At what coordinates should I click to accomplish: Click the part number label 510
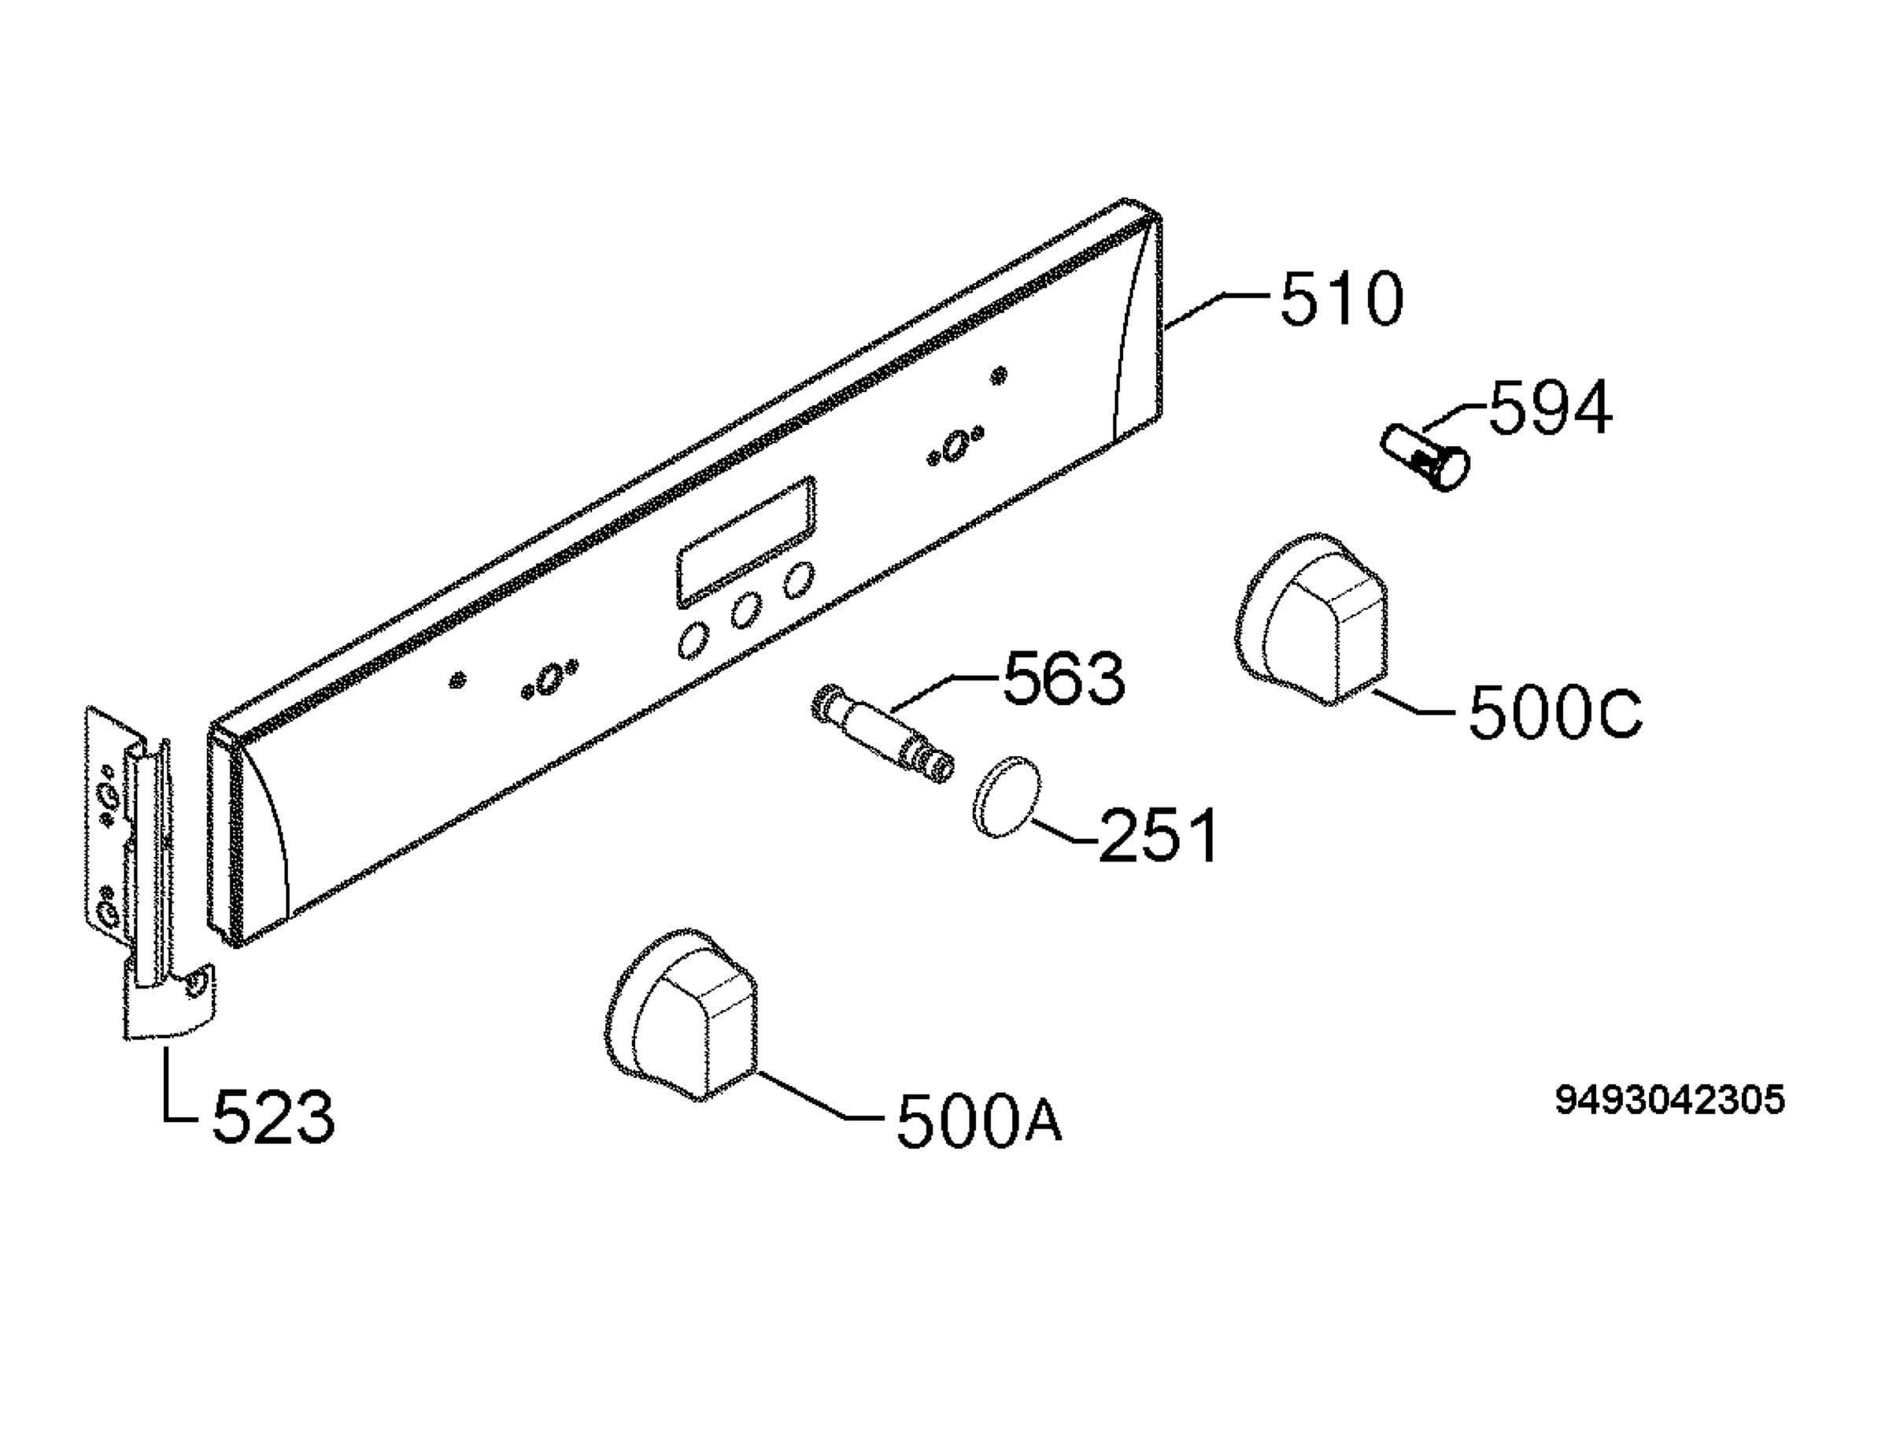click(x=1342, y=299)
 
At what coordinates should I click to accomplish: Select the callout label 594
click(x=1550, y=408)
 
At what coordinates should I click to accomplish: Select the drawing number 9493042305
click(x=1669, y=1100)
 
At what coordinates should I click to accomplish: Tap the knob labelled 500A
click(x=682, y=1014)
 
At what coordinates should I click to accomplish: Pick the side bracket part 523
click(x=146, y=870)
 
